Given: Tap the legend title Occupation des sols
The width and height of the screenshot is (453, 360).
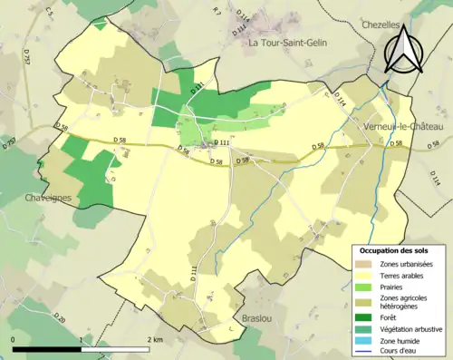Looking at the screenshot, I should point(396,249).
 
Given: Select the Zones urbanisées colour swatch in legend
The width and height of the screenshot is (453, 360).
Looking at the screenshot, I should point(365,263).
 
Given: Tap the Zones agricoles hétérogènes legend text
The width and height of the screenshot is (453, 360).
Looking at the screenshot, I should point(406,300).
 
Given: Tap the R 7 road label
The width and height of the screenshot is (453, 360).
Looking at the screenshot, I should point(215,11).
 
